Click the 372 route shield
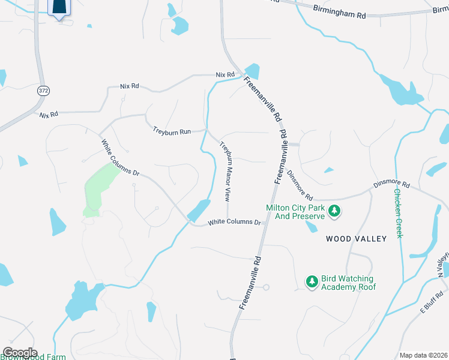pyautogui.click(x=43, y=91)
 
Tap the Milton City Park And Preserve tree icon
pyautogui.click(x=335, y=211)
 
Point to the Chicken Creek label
pyautogui.click(x=397, y=213)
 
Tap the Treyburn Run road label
pyautogui.click(x=171, y=130)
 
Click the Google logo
pyautogui.click(x=20, y=353)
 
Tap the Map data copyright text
pyautogui.click(x=424, y=355)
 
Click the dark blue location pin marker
pyautogui.click(x=58, y=7)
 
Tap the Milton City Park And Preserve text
pyautogui.click(x=296, y=212)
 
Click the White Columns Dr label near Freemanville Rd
pyautogui.click(x=235, y=223)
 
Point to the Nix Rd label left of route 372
pyautogui.click(x=49, y=114)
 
